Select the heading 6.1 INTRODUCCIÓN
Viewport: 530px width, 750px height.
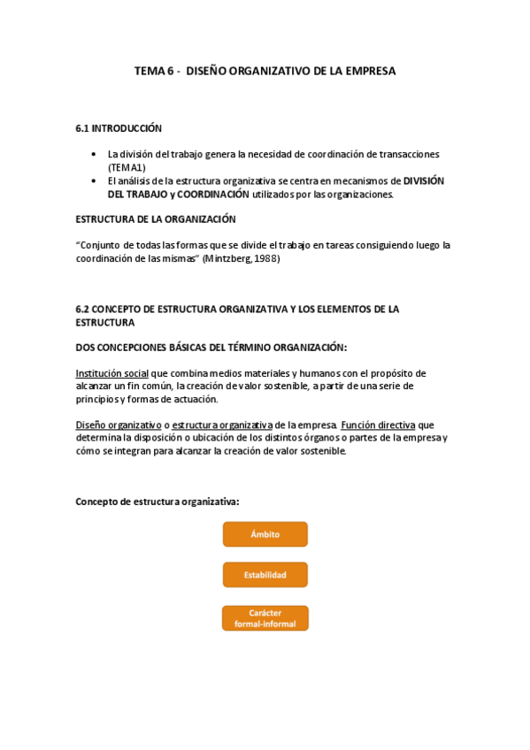click(x=119, y=129)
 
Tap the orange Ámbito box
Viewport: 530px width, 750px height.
click(x=265, y=534)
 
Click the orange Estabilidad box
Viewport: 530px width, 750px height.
click(x=265, y=575)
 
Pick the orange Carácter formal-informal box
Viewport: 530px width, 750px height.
click(x=265, y=618)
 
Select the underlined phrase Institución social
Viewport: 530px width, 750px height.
click(x=111, y=373)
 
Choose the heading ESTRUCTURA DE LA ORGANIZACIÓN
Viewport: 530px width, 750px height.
click(x=155, y=219)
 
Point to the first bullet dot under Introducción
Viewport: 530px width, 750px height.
click(x=95, y=154)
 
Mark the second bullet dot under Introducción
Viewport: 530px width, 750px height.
click(x=95, y=180)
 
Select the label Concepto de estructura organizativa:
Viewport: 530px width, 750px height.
click(x=157, y=501)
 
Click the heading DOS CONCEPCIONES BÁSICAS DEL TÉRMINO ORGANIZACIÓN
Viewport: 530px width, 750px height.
click(x=211, y=348)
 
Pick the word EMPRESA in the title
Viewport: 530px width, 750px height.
click(x=373, y=71)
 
